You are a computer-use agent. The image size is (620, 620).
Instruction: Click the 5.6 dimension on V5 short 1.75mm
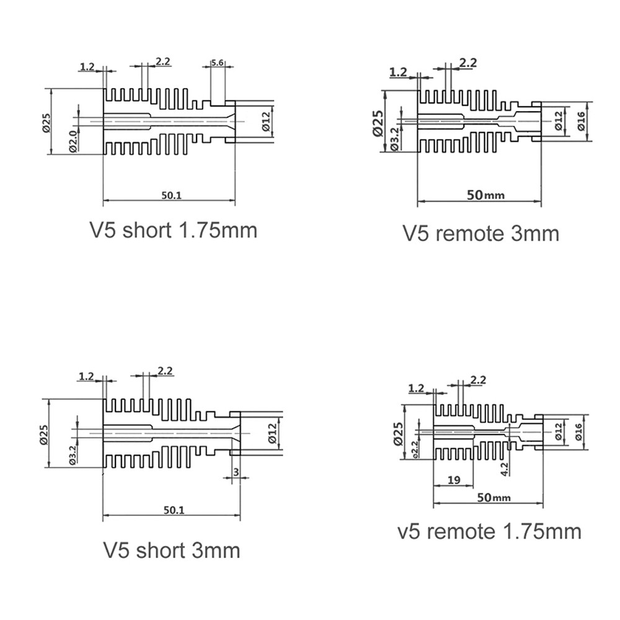pyautogui.click(x=218, y=63)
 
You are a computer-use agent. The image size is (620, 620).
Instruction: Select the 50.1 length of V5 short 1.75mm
pyautogui.click(x=171, y=195)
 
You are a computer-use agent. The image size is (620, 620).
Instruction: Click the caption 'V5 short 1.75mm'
pyautogui.click(x=174, y=230)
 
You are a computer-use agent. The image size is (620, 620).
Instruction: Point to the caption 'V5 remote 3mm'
pyautogui.click(x=481, y=233)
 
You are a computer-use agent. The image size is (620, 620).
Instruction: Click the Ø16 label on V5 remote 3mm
pyautogui.click(x=581, y=121)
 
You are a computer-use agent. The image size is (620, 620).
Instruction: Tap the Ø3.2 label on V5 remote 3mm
pyautogui.click(x=394, y=139)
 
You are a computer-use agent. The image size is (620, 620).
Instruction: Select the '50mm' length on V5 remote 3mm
pyautogui.click(x=486, y=195)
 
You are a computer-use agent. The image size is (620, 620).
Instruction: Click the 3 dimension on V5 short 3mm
pyautogui.click(x=236, y=472)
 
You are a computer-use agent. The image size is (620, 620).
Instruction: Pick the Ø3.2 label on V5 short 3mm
pyautogui.click(x=72, y=454)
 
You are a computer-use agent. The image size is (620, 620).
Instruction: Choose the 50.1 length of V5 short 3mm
pyautogui.click(x=174, y=510)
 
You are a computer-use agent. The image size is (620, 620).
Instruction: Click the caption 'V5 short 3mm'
pyautogui.click(x=172, y=551)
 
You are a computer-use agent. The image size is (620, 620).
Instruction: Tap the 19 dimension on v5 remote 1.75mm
pyautogui.click(x=454, y=480)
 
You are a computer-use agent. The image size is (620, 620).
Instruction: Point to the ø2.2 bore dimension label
pyautogui.click(x=415, y=449)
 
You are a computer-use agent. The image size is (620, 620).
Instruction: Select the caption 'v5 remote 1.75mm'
pyautogui.click(x=490, y=531)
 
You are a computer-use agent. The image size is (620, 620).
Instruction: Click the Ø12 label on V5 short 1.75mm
pyautogui.click(x=266, y=122)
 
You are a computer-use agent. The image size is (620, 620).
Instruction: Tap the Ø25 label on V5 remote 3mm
pyautogui.click(x=378, y=123)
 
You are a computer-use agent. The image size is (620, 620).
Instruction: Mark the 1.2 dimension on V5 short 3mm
pyautogui.click(x=86, y=376)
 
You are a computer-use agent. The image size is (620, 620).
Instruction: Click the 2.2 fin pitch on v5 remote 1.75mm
pyautogui.click(x=478, y=379)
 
